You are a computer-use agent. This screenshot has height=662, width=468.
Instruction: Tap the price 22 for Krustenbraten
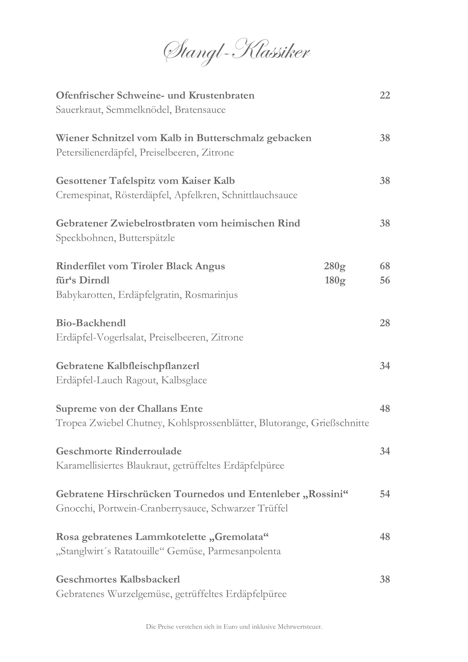(385, 95)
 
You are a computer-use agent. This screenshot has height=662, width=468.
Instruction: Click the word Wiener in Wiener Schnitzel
(72, 138)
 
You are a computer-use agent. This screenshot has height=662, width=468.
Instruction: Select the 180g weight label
(335, 280)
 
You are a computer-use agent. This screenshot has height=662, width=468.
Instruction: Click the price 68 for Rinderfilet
(385, 266)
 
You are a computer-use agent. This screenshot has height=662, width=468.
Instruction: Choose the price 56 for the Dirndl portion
(385, 280)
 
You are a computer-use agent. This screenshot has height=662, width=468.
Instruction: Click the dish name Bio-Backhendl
(91, 323)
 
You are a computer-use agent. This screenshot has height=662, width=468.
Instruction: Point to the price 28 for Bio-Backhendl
(385, 323)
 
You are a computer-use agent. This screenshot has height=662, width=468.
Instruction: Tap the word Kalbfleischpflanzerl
(153, 366)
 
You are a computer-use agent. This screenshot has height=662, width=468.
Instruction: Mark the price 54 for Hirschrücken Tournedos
(385, 494)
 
